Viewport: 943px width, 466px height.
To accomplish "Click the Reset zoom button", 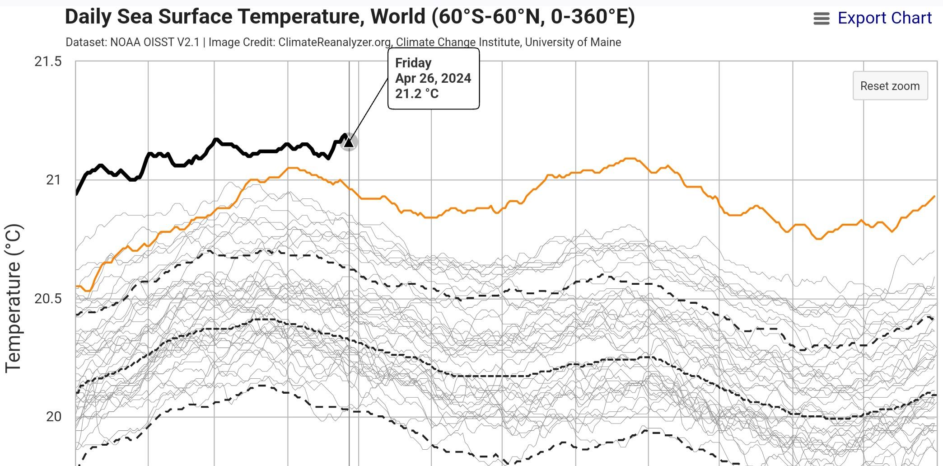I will [x=890, y=86].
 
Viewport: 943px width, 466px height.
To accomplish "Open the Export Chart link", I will [x=884, y=18].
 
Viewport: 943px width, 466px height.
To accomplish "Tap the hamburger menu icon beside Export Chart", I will [x=821, y=19].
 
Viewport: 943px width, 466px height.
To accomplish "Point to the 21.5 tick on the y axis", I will [x=48, y=61].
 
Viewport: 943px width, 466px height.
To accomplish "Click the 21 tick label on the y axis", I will [x=53, y=180].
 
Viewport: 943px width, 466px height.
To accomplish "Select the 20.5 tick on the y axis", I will [x=48, y=299].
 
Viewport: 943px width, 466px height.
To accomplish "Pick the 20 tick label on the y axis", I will [x=53, y=417].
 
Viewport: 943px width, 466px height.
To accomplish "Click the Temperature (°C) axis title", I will [x=14, y=298].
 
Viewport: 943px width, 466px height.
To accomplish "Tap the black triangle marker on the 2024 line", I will [x=349, y=142].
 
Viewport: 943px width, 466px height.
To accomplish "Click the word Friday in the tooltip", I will [x=413, y=63].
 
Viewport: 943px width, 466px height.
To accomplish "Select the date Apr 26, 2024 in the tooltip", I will [x=433, y=78].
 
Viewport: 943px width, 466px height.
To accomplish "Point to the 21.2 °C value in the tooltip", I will [x=416, y=94].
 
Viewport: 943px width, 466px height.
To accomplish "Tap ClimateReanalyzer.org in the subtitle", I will [x=335, y=42].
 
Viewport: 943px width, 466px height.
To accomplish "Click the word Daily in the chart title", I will [x=89, y=17].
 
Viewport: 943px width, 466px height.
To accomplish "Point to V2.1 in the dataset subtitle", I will [x=187, y=42].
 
